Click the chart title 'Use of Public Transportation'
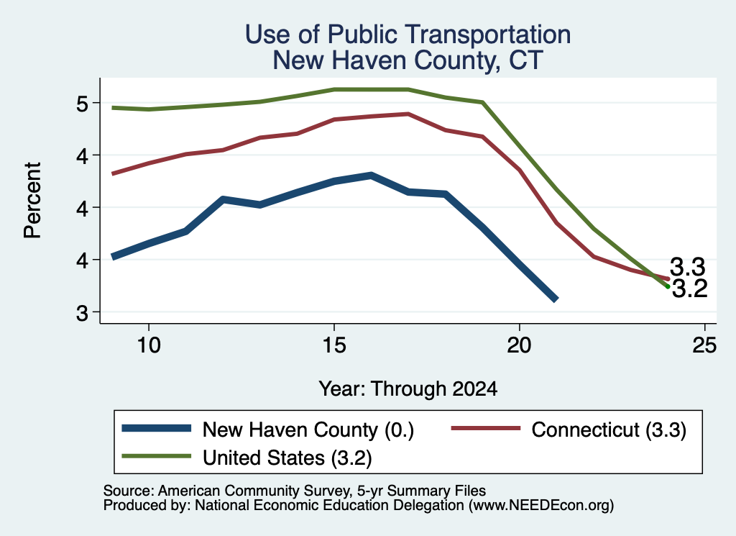point(408,35)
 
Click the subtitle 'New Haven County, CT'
point(408,60)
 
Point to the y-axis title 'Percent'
point(32,201)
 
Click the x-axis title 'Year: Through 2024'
point(408,389)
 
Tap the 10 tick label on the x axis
point(149,345)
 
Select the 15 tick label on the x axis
point(334,345)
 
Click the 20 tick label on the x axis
point(519,345)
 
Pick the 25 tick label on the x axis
point(704,345)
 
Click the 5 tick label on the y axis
point(82,104)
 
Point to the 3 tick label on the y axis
point(82,312)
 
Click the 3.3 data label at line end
point(687,268)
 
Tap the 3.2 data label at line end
point(689,289)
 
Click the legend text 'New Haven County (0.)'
point(308,430)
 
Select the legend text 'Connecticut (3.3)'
point(609,430)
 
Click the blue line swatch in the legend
point(156,428)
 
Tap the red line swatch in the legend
point(486,428)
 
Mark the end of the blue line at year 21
point(556,299)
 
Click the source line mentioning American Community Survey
point(295,491)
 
